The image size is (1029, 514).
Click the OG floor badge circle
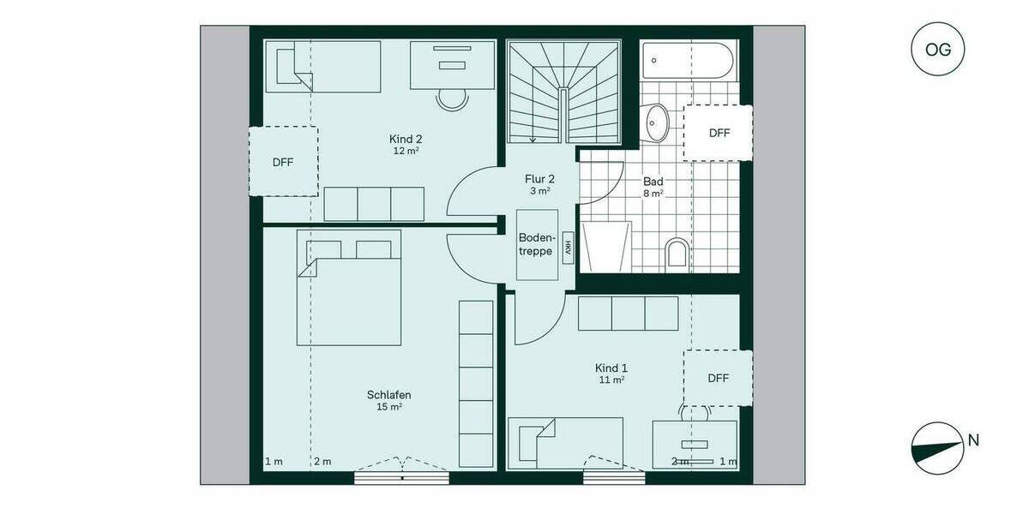(x=938, y=50)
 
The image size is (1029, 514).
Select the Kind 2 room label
(x=406, y=139)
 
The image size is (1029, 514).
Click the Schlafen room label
(x=388, y=395)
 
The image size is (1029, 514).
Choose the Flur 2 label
(x=539, y=179)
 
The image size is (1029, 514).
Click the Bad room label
(x=653, y=182)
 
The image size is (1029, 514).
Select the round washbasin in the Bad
(x=658, y=123)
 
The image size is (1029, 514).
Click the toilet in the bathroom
(x=677, y=254)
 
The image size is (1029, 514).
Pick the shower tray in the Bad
(x=607, y=247)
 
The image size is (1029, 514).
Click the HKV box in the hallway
(x=567, y=248)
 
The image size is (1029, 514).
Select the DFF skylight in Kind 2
(x=283, y=162)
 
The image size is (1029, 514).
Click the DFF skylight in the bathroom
(x=719, y=133)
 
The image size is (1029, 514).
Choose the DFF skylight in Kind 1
(x=719, y=378)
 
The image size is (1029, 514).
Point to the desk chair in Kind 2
(x=453, y=99)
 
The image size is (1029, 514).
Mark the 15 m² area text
(x=388, y=408)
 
